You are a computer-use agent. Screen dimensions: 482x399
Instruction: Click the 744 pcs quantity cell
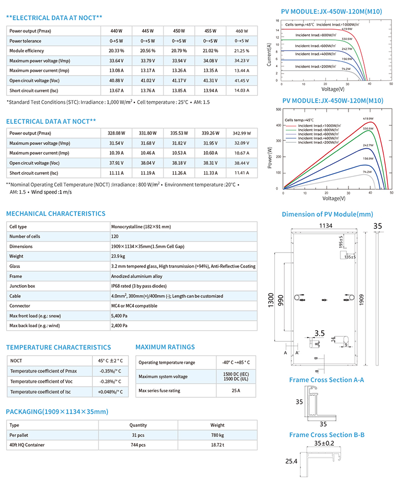(x=138, y=445)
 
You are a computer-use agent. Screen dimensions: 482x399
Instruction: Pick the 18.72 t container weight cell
(x=217, y=445)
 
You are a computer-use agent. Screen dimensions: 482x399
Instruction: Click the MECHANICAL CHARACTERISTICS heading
(x=56, y=214)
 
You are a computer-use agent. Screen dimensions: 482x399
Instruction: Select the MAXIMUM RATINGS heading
(x=165, y=347)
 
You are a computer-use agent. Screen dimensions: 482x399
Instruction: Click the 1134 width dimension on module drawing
(x=325, y=226)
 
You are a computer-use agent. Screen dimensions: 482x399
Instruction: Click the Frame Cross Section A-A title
(x=326, y=380)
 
